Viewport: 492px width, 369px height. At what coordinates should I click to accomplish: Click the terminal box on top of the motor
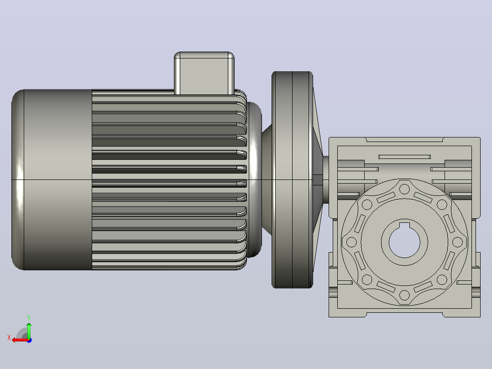pyautogui.click(x=204, y=73)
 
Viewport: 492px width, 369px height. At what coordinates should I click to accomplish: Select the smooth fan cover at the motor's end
pyautogui.click(x=52, y=179)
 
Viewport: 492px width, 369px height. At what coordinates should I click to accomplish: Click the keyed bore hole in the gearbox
pyautogui.click(x=404, y=242)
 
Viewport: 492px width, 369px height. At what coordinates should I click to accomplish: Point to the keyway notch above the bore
pyautogui.click(x=404, y=225)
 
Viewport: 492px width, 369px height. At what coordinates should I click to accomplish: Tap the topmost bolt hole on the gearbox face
pyautogui.click(x=404, y=190)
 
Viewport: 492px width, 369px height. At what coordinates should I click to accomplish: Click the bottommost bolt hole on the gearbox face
pyautogui.click(x=404, y=295)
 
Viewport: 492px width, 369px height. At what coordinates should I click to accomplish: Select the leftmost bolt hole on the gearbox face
pyautogui.click(x=351, y=242)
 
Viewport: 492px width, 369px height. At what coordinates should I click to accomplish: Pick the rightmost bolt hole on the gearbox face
pyautogui.click(x=457, y=242)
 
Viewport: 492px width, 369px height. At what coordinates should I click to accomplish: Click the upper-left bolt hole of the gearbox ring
pyautogui.click(x=367, y=205)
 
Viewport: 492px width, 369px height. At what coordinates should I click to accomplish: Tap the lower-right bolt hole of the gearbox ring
pyautogui.click(x=442, y=279)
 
